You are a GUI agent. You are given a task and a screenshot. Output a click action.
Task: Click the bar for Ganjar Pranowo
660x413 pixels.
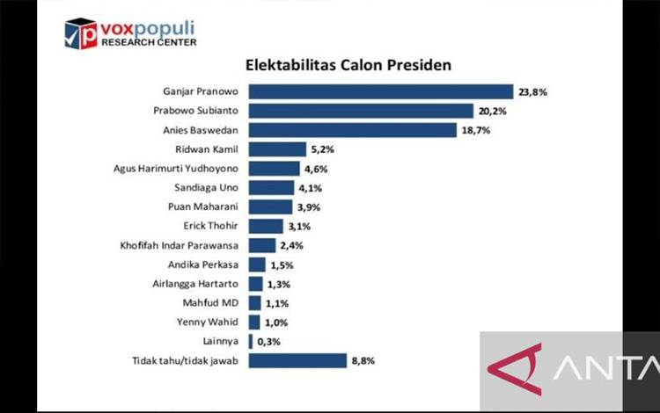381,91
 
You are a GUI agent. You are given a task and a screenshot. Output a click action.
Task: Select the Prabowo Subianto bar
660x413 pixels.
361,111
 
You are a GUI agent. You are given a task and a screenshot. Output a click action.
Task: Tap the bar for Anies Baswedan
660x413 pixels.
353,130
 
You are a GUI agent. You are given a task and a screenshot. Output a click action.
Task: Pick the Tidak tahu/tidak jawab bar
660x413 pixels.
297,360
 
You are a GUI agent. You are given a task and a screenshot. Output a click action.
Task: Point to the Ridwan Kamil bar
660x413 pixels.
277,149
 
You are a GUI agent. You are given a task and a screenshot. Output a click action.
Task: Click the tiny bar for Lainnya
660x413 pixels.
251,342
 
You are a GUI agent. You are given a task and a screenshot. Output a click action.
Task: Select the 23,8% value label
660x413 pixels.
533,92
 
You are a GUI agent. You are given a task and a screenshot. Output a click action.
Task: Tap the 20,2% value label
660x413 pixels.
493,112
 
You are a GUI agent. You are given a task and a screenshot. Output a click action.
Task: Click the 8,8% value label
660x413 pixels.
363,361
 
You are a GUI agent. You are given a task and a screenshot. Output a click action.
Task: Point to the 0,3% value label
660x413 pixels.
269,342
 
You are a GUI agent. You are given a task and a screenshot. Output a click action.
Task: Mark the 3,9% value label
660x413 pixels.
309,207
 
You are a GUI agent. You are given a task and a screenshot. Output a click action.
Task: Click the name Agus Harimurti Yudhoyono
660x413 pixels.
176,169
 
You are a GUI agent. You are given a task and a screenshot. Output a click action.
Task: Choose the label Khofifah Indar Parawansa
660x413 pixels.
180,245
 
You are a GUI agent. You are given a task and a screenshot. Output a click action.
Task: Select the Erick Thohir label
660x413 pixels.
211,226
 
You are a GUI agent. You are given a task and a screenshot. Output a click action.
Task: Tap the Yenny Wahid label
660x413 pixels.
208,322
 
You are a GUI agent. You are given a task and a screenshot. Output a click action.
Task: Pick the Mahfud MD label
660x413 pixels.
210,303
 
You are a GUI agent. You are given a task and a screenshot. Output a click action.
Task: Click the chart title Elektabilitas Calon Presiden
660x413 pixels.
348,65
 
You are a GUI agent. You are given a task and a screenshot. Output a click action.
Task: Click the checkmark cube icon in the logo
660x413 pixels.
80,33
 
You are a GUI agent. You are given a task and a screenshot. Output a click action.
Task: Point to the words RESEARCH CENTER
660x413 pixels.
149,42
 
